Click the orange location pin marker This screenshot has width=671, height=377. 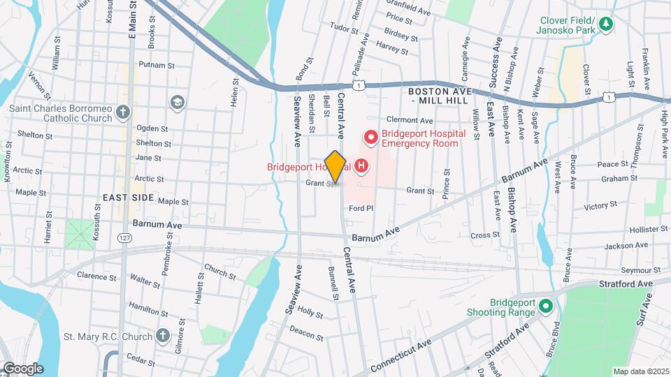pos(335,167)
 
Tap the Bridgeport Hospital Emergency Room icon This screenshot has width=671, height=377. pos(370,138)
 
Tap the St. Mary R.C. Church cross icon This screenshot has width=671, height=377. pos(163,337)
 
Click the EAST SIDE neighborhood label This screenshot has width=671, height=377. pos(128,198)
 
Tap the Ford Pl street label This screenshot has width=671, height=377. pos(363,208)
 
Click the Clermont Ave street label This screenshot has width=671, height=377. pos(406,119)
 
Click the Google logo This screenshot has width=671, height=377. pos(22,369)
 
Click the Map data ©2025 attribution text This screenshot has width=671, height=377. pos(640,371)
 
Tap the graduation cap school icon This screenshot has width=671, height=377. pos(178,103)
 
